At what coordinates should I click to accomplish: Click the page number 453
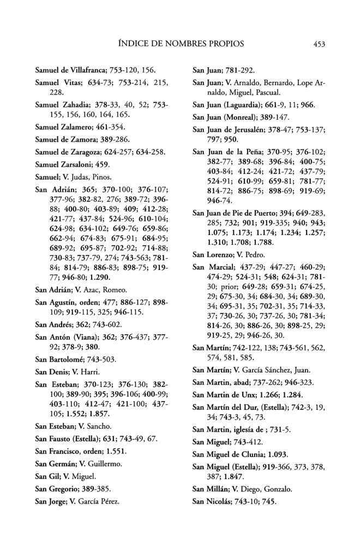(x=320, y=44)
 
